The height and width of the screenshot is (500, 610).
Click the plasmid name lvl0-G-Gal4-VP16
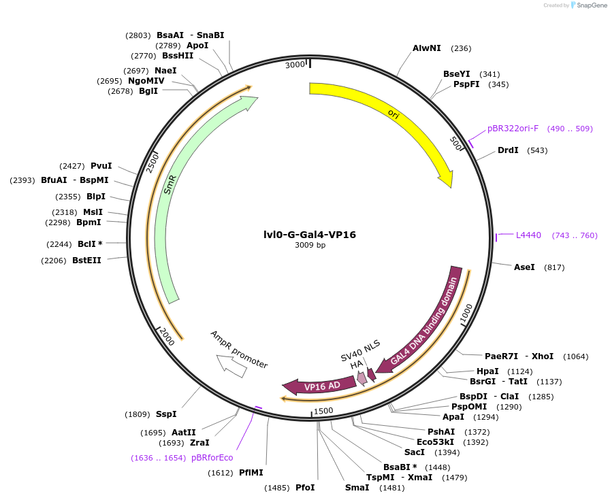[x=310, y=235]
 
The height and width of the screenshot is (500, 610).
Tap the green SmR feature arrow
[x=170, y=184]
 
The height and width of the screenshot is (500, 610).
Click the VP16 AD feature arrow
[x=320, y=386]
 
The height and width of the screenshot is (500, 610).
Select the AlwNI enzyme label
[x=427, y=48]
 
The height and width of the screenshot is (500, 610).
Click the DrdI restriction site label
[x=508, y=150]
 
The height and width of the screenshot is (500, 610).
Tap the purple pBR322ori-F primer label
[x=513, y=129]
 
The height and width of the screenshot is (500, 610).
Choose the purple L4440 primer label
[x=528, y=235]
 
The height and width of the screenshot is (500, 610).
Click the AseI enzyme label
[x=524, y=267]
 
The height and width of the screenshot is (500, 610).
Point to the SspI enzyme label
[x=165, y=414]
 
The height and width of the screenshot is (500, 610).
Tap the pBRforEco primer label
[x=212, y=458]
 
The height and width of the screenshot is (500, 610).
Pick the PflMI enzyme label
[x=251, y=473]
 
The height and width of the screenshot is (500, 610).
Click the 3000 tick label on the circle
[x=295, y=65]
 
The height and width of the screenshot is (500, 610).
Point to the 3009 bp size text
[x=310, y=246]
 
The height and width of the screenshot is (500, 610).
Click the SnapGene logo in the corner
[x=588, y=5]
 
